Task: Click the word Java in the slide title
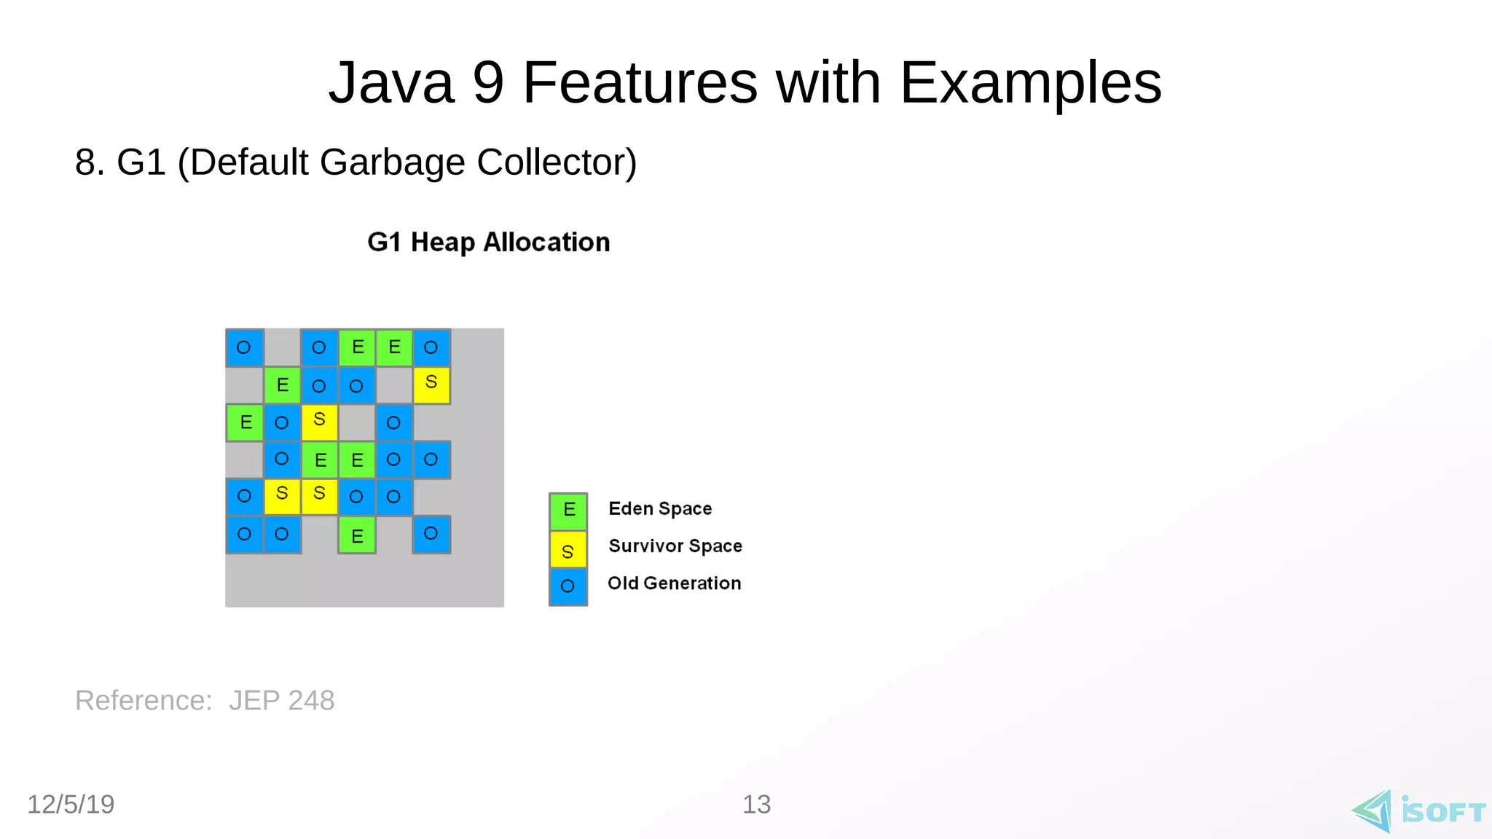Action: point(391,83)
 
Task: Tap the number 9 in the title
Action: point(488,83)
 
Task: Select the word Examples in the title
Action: point(1030,83)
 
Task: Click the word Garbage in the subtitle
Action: point(392,162)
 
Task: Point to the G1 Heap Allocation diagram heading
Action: point(488,242)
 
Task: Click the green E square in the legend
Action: point(568,511)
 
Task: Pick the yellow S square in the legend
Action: point(568,549)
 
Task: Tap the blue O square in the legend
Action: point(568,586)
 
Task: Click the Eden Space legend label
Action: point(660,508)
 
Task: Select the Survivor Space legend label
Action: point(675,545)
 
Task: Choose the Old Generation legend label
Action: point(674,583)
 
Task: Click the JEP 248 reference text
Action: point(281,700)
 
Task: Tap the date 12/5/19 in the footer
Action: point(71,804)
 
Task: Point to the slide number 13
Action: point(756,804)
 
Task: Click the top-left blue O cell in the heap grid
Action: point(244,347)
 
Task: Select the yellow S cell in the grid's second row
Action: point(431,384)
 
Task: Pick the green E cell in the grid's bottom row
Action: point(357,535)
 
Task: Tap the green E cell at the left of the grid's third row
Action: point(245,422)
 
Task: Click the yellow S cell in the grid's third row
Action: point(319,421)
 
